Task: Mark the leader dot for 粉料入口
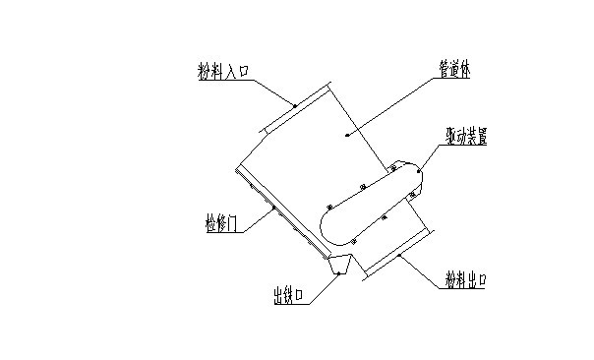(x=293, y=104)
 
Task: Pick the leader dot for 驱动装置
(x=419, y=172)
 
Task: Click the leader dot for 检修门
(x=272, y=209)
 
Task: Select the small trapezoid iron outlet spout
(x=340, y=264)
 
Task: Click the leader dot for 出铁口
(x=341, y=270)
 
